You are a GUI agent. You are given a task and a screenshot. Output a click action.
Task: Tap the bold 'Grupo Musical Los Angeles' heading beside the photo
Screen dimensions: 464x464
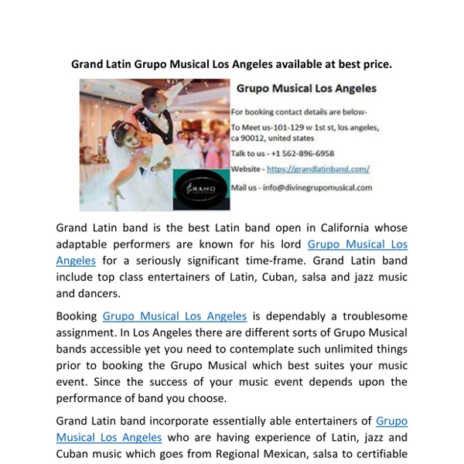tap(306, 89)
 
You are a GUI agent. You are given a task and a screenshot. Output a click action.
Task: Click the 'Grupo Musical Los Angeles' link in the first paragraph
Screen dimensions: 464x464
tap(357, 244)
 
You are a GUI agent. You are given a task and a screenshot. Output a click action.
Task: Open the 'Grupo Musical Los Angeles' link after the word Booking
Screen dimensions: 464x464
tap(175, 316)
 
